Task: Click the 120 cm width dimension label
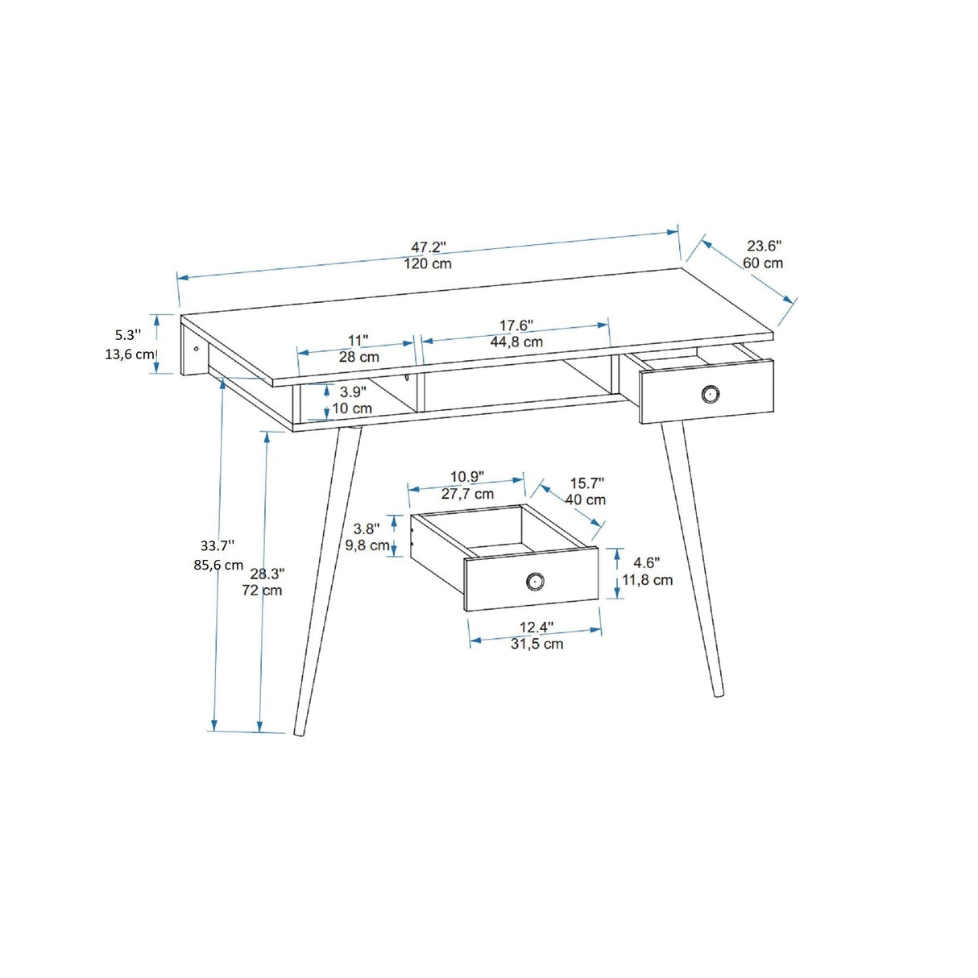coord(428,264)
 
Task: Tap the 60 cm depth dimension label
coord(763,263)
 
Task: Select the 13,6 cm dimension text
coord(129,354)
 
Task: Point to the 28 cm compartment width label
coord(358,357)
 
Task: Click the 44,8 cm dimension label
coord(516,342)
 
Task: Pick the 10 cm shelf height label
coord(352,408)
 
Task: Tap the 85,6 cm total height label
coord(218,565)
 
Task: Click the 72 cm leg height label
coord(262,591)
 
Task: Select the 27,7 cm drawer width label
coord(467,494)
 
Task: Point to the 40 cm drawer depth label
coord(585,500)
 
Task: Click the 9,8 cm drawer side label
coord(367,545)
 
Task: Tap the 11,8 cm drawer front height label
coord(648,580)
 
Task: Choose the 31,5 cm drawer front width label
coord(537,644)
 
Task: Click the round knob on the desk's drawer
coord(710,393)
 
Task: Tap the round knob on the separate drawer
coord(534,580)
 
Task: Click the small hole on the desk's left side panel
coord(197,349)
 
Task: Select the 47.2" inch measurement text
coord(429,247)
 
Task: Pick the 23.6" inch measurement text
coord(764,247)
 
